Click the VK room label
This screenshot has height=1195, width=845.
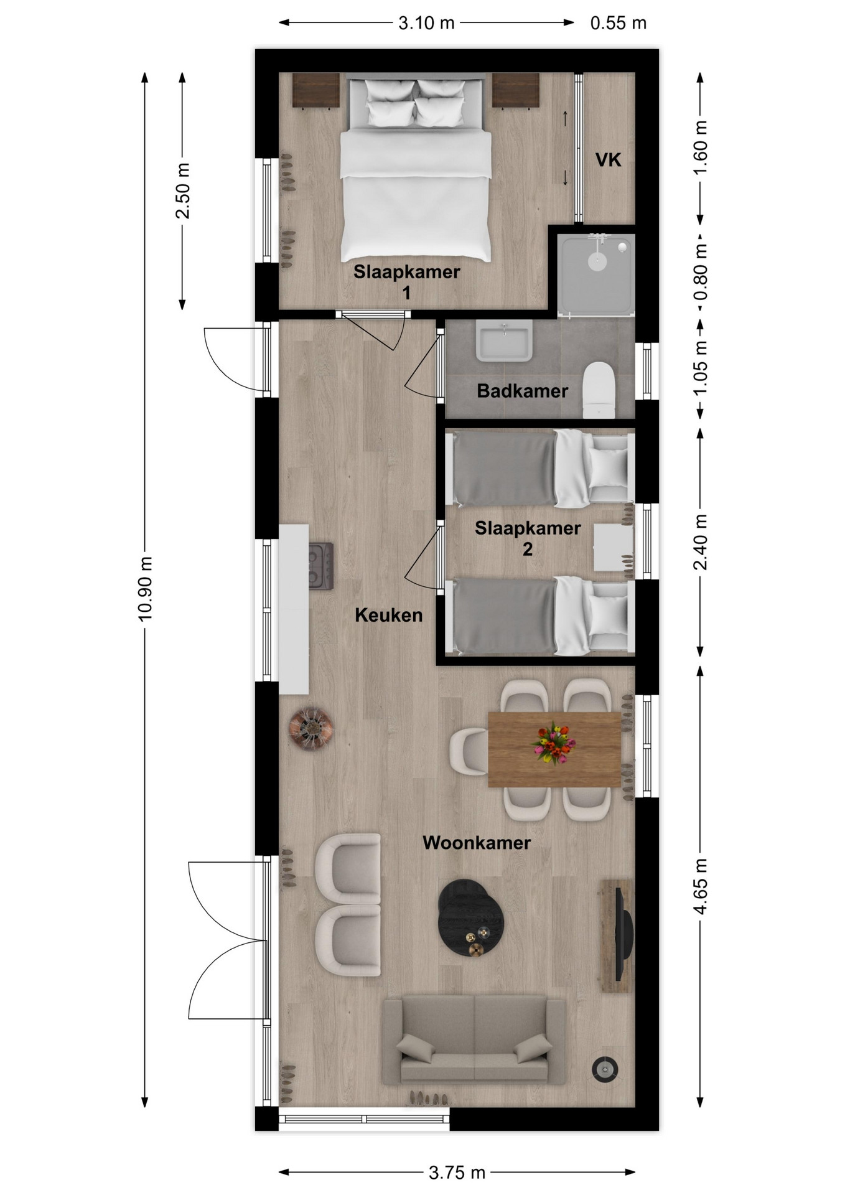(x=608, y=160)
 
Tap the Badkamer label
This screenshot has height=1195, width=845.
(x=522, y=391)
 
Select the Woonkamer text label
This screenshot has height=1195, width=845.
(x=477, y=843)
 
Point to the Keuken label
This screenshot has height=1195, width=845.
(x=388, y=615)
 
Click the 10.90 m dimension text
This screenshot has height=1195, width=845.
(x=145, y=589)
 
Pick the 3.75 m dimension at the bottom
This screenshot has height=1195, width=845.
(x=457, y=1173)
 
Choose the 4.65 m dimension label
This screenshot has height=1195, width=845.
(x=701, y=886)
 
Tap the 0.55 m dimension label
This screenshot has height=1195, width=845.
(x=618, y=23)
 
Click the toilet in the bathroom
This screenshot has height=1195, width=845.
(x=599, y=390)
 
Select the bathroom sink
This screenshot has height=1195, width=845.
(x=504, y=340)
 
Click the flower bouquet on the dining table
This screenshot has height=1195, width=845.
(x=553, y=743)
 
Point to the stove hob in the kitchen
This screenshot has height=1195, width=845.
(x=321, y=566)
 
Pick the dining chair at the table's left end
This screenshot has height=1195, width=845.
(x=469, y=752)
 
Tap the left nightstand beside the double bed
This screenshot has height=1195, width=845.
(x=316, y=90)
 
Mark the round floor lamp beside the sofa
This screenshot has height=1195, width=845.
(x=605, y=1069)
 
